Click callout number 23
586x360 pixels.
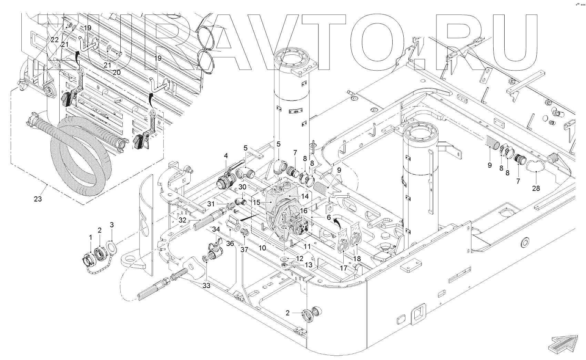38,199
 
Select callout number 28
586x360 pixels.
536,188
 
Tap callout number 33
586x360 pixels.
206,286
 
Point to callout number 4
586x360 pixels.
226,156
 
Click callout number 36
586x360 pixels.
230,244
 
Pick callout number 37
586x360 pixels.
244,249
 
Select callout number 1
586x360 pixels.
91,237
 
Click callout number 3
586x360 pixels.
111,225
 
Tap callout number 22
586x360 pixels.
54,40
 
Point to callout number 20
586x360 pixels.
117,72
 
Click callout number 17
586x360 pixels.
344,267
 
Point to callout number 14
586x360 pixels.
305,196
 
